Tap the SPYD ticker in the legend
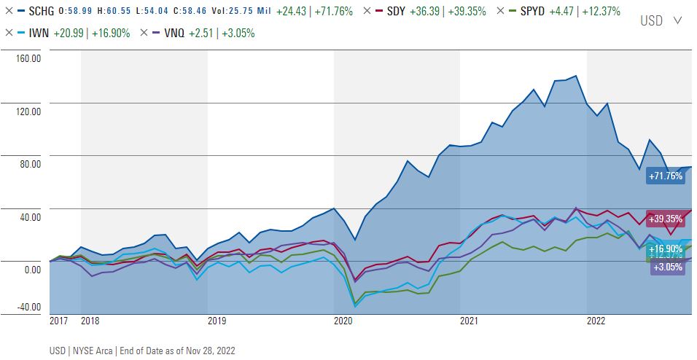pyautogui.click(x=535, y=12)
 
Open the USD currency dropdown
pyautogui.click(x=661, y=20)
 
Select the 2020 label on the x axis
pyautogui.click(x=343, y=320)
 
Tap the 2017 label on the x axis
pyautogui.click(x=58, y=320)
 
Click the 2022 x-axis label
pyautogui.click(x=596, y=320)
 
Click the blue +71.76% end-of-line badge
pyautogui.click(x=665, y=176)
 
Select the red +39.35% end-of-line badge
pyautogui.click(x=665, y=219)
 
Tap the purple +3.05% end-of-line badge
pyautogui.click(x=667, y=267)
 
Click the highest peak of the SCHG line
pyautogui.click(x=577, y=76)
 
